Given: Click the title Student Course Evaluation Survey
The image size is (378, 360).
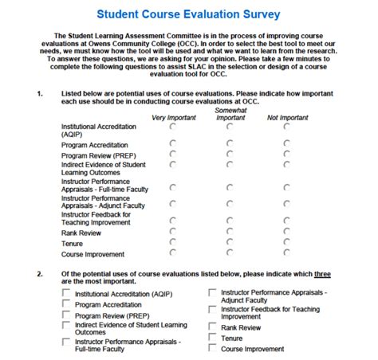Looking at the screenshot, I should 188,14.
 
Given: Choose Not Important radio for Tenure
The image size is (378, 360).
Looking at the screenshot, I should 286,242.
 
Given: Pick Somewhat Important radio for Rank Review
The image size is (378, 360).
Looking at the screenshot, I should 230,231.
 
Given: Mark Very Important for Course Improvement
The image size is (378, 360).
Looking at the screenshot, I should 173,253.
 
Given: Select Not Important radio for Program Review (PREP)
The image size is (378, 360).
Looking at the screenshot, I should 286,154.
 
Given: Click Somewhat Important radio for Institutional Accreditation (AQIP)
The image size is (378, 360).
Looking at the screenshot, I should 230,127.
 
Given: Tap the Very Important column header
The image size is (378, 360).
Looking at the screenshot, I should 174,118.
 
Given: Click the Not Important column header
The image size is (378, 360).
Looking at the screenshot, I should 287,118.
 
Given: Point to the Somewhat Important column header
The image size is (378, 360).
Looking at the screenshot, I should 230,114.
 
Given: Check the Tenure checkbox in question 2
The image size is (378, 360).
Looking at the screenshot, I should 211,337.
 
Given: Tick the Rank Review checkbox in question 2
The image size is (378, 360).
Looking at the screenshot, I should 211,326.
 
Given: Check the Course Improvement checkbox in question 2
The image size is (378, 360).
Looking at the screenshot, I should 211,348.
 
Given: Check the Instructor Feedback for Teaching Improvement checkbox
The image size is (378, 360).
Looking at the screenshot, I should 211,309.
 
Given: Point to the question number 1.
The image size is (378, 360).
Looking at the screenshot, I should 40,94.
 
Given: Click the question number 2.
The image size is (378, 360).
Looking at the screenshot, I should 40,272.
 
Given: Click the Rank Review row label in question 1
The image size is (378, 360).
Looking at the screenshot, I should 81,233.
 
